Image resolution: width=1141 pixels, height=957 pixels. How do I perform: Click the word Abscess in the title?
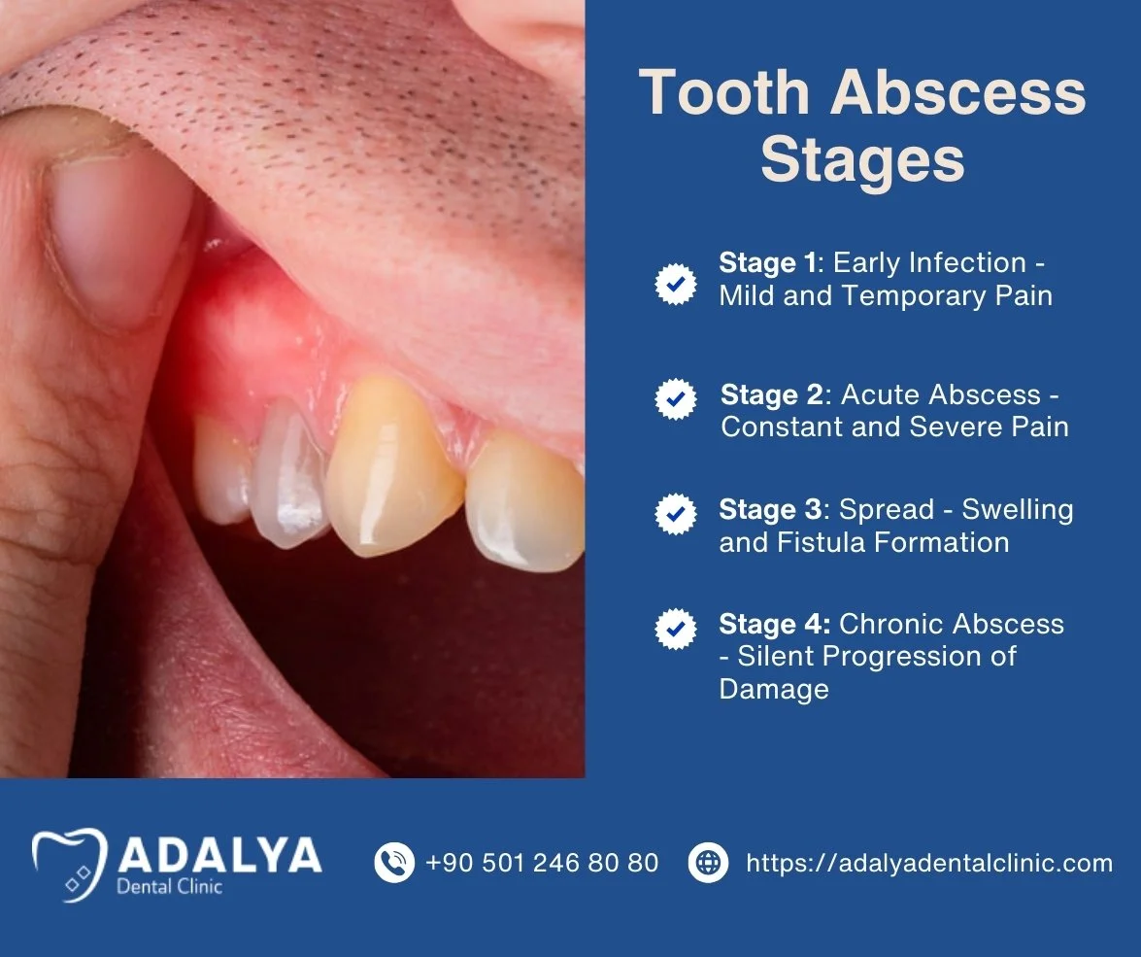coord(958,93)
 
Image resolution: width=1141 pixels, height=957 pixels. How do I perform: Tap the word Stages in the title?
coord(862,161)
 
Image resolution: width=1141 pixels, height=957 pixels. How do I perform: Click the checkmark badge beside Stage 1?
coord(676,285)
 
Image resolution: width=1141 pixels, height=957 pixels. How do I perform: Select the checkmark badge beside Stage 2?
coord(676,398)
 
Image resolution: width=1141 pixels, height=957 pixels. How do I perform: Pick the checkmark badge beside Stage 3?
coord(676,513)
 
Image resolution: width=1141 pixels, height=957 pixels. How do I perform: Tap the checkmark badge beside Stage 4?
coord(676,629)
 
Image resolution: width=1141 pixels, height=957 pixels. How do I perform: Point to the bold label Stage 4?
coord(774,624)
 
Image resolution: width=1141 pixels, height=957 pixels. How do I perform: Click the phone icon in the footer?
coord(394,862)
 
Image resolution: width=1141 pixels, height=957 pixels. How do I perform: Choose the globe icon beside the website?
coord(709,862)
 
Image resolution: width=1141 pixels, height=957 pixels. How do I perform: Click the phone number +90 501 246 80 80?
coord(542,863)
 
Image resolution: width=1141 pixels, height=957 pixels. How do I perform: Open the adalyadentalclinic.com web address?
coord(928,863)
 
